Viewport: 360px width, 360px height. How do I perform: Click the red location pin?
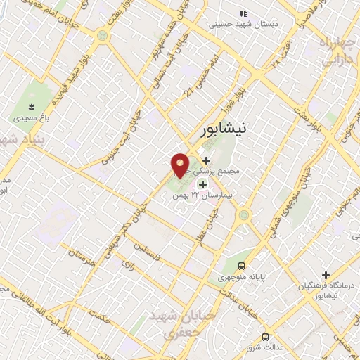pyautogui.click(x=181, y=165)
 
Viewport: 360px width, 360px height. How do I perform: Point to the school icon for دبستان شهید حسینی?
pyautogui.click(x=243, y=13)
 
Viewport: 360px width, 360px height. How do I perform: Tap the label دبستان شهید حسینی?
pyautogui.click(x=243, y=24)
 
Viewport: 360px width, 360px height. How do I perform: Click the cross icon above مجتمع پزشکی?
pyautogui.click(x=205, y=160)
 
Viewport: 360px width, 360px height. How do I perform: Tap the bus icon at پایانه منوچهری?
pyautogui.click(x=242, y=266)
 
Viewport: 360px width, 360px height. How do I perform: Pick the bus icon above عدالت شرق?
pyautogui.click(x=265, y=337)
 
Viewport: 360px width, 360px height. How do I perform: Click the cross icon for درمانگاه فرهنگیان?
pyautogui.click(x=325, y=275)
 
